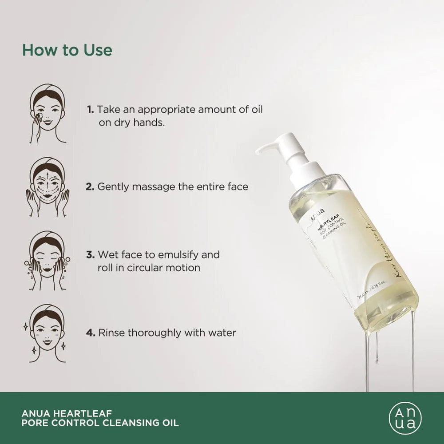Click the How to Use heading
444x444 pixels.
pos(67,50)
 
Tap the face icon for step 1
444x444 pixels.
pos(48,114)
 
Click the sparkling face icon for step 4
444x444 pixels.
pos(48,333)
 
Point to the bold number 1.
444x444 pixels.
pos(90,109)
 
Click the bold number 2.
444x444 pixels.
pos(90,186)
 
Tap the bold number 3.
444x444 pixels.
pos(90,255)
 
